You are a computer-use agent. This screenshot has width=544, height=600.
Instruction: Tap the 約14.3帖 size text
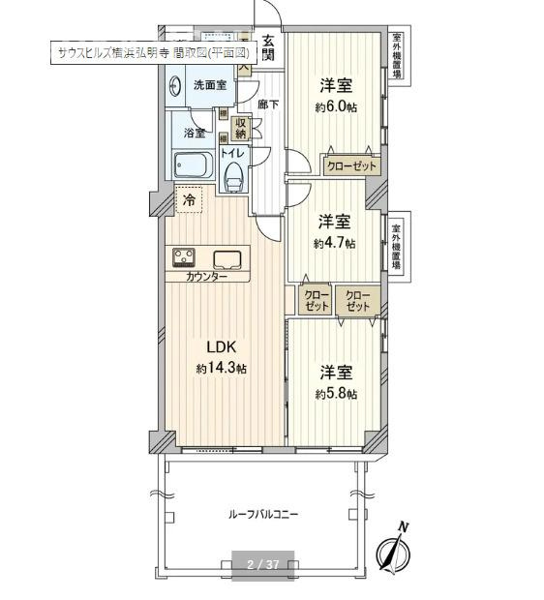[x=221, y=369]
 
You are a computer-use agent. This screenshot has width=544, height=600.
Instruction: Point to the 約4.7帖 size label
[x=334, y=244]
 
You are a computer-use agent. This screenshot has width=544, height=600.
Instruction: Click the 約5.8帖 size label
[x=336, y=394]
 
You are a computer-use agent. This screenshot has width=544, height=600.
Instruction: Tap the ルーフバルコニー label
[x=264, y=515]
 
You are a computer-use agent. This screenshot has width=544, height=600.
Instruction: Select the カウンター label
[x=208, y=277]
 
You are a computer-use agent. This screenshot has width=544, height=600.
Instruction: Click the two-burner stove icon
[x=184, y=257]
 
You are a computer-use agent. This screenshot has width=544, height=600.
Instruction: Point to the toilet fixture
[x=232, y=176]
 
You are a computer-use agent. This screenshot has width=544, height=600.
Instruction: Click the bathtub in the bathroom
[x=192, y=165]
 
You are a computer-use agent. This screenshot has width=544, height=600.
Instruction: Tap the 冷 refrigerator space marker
[x=190, y=201]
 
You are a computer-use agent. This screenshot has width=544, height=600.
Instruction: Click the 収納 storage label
[x=241, y=128]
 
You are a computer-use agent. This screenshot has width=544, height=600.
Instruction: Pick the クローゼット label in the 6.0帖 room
[x=351, y=165]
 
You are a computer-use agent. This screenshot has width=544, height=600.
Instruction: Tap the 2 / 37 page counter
[x=262, y=564]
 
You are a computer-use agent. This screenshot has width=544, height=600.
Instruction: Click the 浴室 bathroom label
[x=194, y=133]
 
